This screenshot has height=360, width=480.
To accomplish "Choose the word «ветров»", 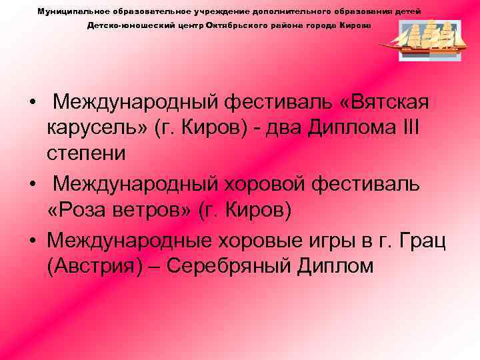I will (x=159, y=210).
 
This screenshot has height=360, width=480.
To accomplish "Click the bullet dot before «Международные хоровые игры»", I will (x=32, y=239).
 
